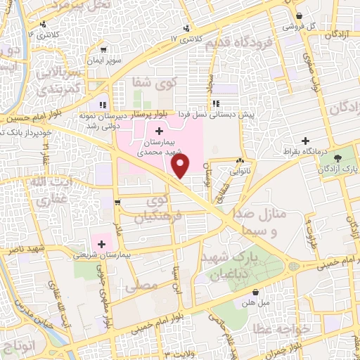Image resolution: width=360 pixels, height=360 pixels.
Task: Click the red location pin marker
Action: pyautogui.click(x=181, y=166)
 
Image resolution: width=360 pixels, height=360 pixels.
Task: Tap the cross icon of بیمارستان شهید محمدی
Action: pyautogui.click(x=159, y=131)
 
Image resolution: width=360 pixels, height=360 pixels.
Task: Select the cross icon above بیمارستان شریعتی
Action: pyautogui.click(x=103, y=245)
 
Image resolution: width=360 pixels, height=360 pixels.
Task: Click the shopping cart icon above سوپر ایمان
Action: pyautogui.click(x=104, y=50)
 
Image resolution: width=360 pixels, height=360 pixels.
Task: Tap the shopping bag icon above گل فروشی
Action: pyautogui.click(x=300, y=15)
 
